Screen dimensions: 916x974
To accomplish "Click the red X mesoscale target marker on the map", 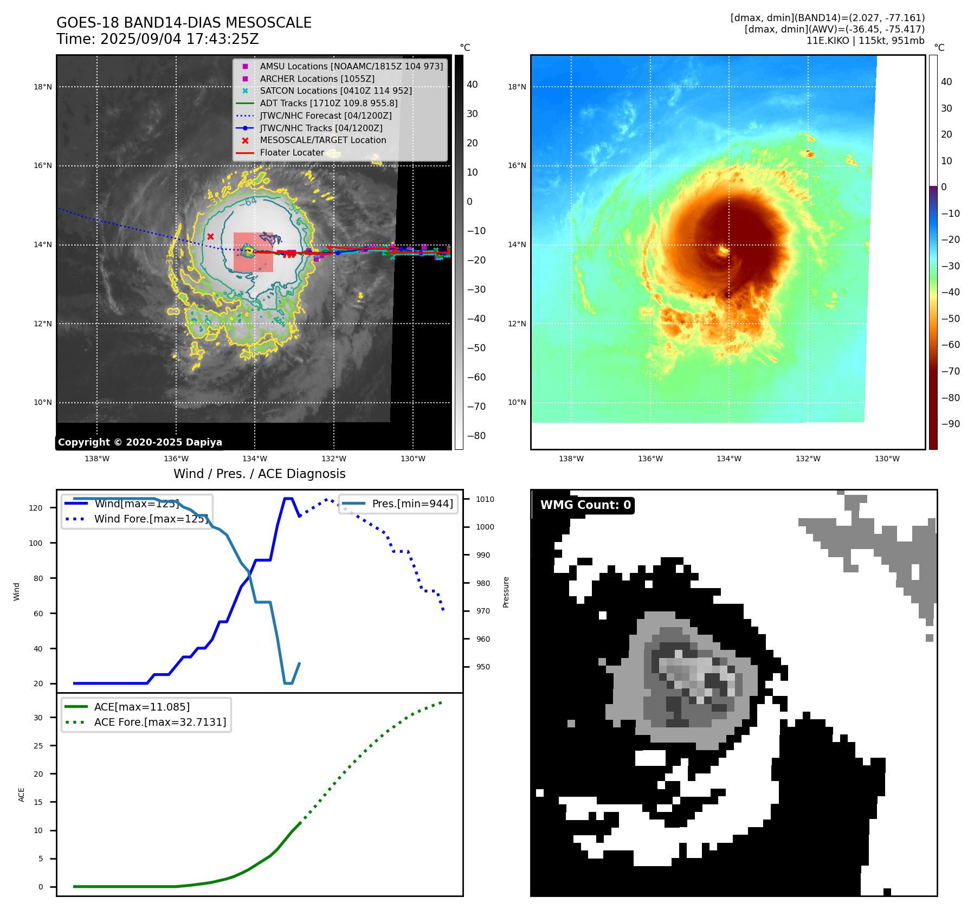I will (210, 236).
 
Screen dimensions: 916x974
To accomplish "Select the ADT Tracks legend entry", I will (328, 103).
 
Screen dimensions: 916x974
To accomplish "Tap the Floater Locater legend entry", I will (292, 152).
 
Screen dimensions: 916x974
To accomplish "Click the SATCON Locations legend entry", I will (336, 91).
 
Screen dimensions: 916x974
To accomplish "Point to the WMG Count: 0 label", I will (585, 505).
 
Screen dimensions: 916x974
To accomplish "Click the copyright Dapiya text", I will (140, 442).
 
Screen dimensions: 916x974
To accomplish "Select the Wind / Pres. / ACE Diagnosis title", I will (259, 474).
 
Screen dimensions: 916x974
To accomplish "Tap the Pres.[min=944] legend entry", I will (412, 504).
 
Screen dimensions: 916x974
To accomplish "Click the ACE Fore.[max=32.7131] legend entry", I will (160, 722).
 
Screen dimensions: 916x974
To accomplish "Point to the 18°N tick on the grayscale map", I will (43, 87).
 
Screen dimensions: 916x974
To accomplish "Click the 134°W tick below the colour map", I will (728, 459).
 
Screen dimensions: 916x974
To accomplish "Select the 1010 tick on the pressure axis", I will (485, 499).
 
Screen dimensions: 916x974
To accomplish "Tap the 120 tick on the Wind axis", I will (36, 508).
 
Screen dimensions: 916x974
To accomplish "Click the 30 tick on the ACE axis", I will (38, 718).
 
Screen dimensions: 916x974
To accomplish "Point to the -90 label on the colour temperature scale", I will (950, 423).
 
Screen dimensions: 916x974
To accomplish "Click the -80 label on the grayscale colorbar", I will (476, 435).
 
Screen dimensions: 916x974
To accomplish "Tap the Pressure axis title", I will (506, 592).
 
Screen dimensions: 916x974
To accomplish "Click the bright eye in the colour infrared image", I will (723, 250).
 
